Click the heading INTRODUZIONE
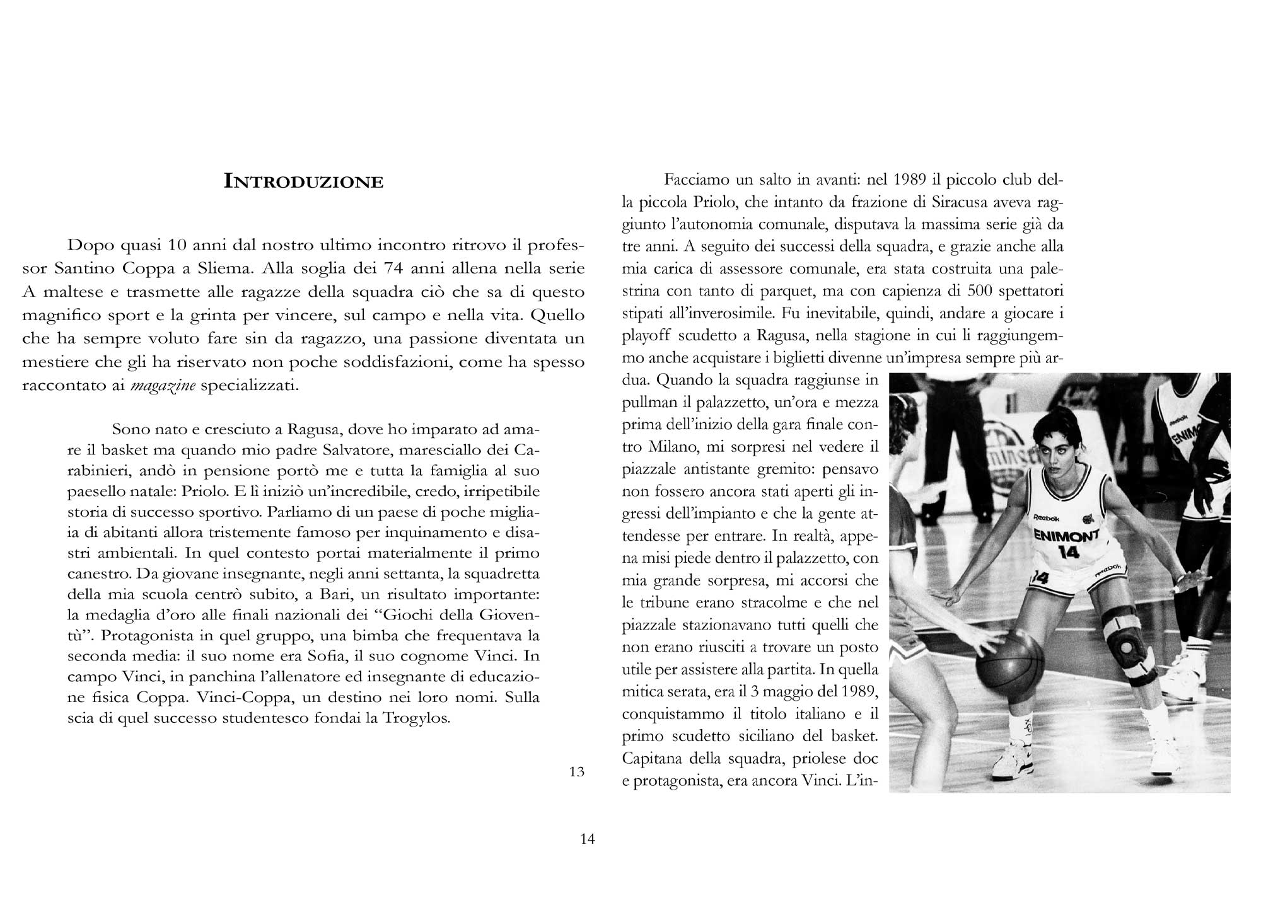coord(304,182)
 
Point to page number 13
coord(576,771)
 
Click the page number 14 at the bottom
coord(587,839)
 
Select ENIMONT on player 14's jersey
coord(1066,536)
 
